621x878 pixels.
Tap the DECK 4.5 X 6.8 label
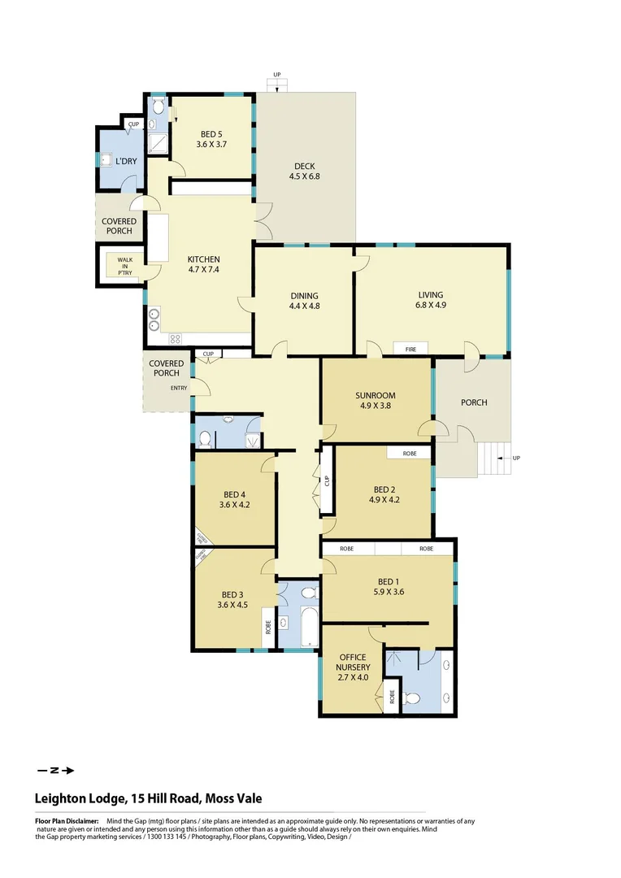(x=305, y=171)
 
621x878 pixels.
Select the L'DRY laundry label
(x=125, y=161)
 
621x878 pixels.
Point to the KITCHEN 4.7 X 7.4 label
(x=203, y=265)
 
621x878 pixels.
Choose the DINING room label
(x=305, y=301)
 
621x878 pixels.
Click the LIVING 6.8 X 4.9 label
(x=432, y=300)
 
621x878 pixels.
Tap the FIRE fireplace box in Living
(x=411, y=349)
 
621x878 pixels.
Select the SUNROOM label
(x=375, y=400)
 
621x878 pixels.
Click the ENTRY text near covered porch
(x=179, y=388)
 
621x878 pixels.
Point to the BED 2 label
(x=384, y=494)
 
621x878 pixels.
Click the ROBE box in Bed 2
(x=410, y=453)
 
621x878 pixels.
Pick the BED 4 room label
(x=233, y=499)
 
